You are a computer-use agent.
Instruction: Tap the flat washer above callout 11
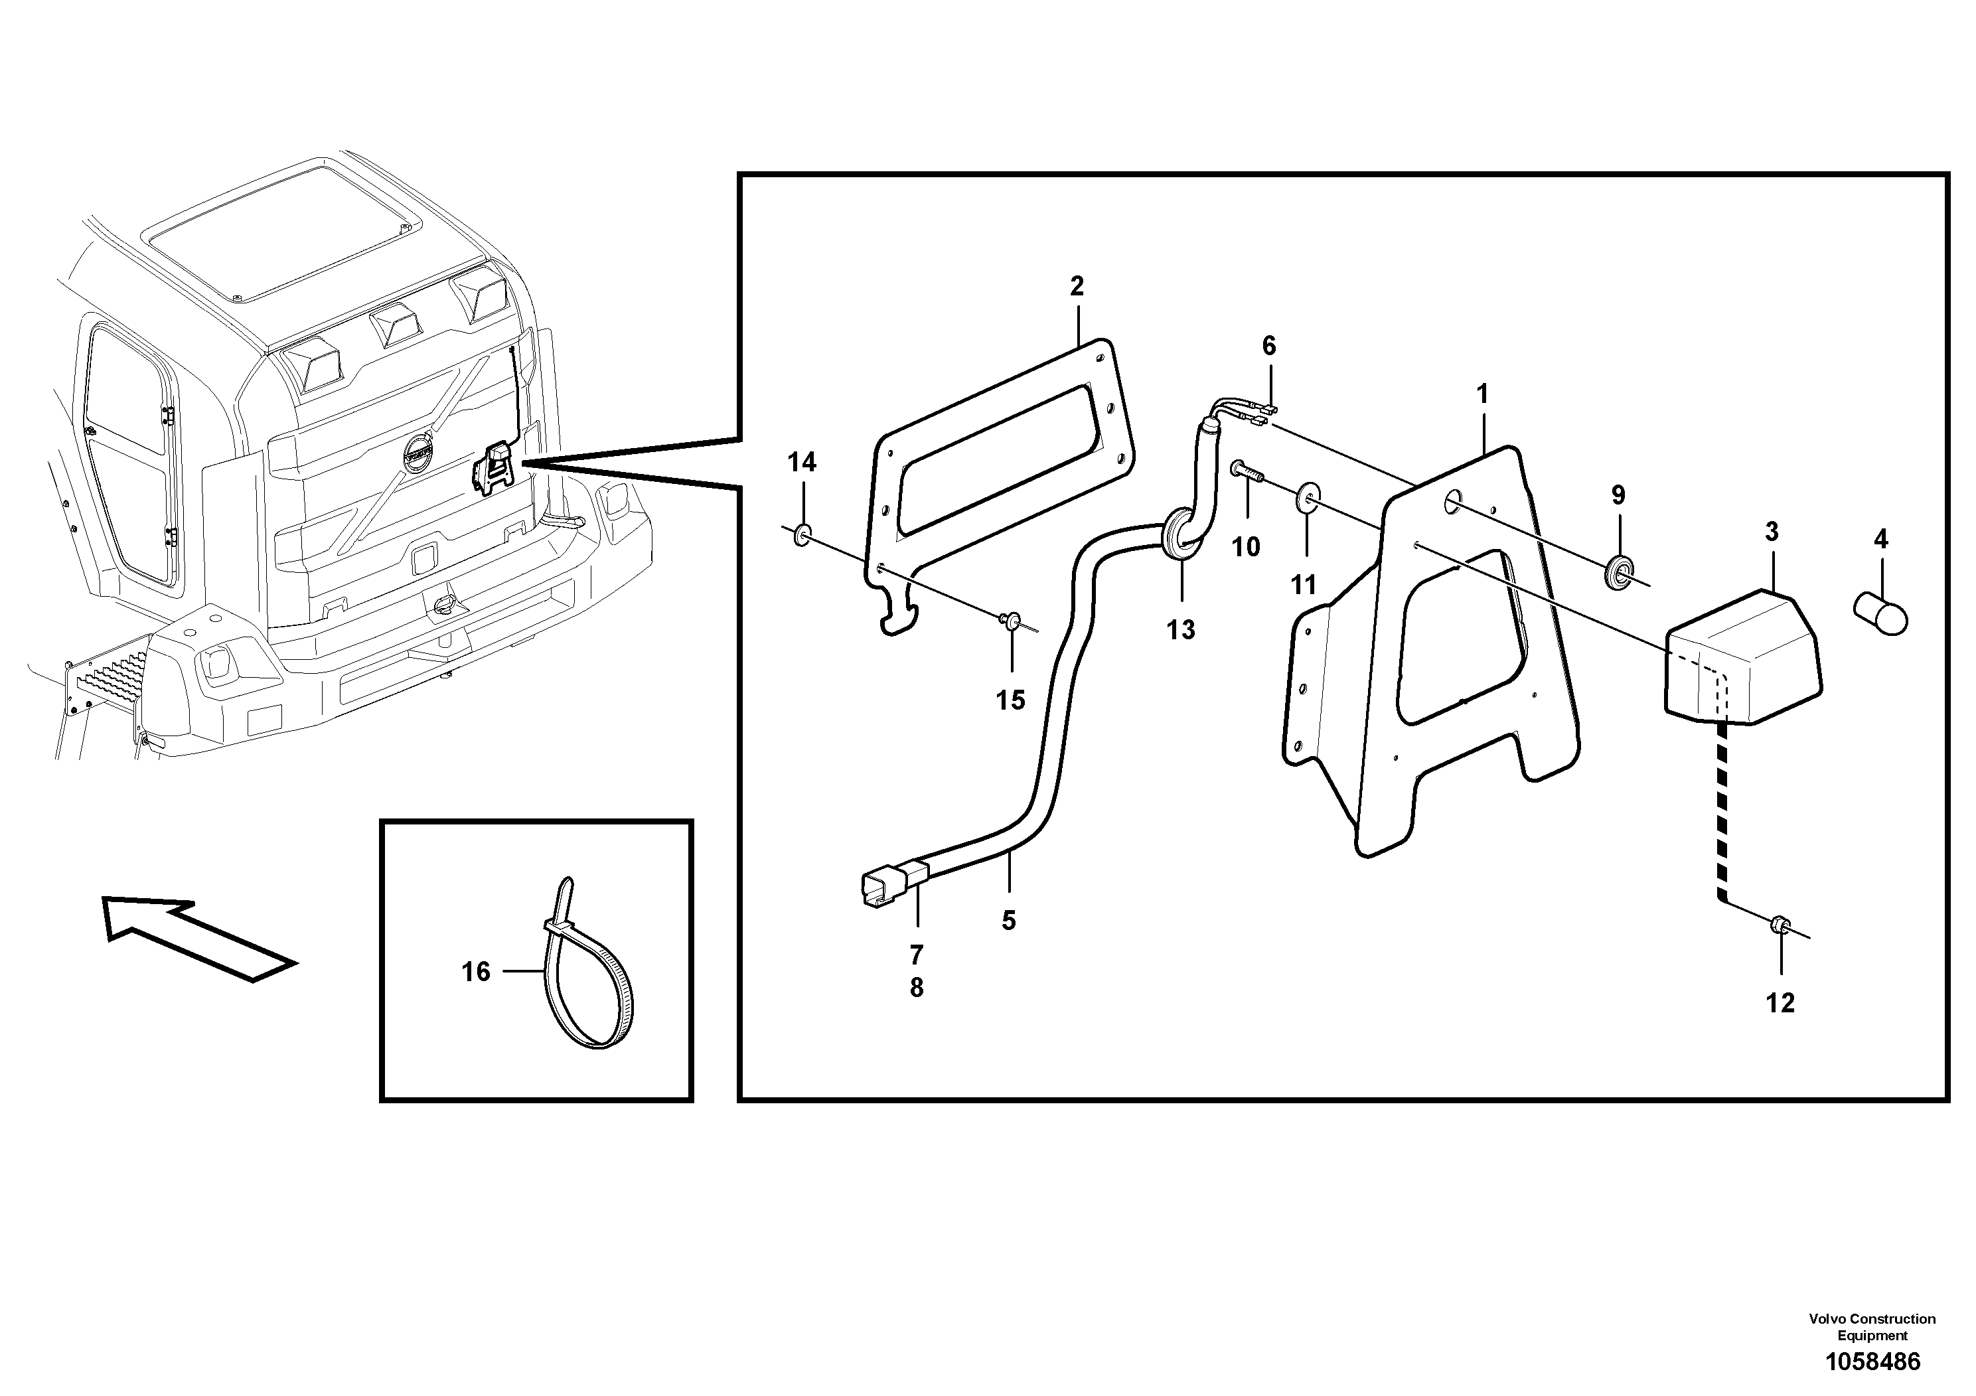click(1306, 496)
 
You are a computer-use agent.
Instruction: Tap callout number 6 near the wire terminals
click(1268, 346)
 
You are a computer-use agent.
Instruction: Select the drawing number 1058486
click(1872, 1361)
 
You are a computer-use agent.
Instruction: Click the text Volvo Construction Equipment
click(1872, 1326)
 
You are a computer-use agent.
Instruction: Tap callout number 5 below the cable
click(1009, 921)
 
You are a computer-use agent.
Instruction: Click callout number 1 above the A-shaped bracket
click(1482, 395)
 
